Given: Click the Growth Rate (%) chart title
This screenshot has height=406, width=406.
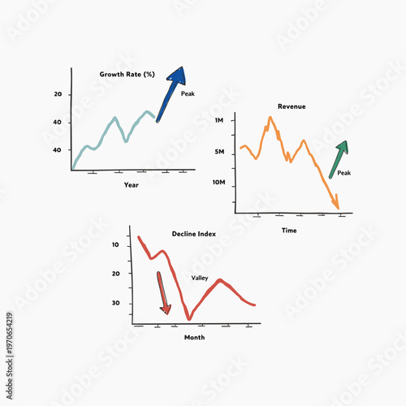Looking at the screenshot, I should click(x=127, y=74).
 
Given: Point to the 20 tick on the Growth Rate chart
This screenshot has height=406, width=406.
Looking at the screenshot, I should click(x=58, y=95).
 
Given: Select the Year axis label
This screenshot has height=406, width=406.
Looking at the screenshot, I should click(x=131, y=184).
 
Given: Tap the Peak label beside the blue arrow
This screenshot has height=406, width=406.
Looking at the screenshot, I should click(x=188, y=94).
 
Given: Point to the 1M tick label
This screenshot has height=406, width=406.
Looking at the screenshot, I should click(x=219, y=120).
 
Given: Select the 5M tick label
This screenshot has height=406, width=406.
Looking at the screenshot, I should click(x=219, y=152).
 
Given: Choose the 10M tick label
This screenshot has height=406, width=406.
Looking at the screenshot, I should click(x=218, y=183).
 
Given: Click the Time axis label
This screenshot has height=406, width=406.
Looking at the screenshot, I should click(x=289, y=231).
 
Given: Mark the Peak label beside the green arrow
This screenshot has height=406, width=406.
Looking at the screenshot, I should click(x=343, y=173).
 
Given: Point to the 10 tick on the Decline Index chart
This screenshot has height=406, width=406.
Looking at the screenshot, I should click(x=115, y=244).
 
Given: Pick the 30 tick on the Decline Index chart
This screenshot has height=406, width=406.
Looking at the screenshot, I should click(x=115, y=303).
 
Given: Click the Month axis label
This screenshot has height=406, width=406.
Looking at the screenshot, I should click(x=194, y=337).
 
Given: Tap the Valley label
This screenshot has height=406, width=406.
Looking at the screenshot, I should click(x=200, y=278).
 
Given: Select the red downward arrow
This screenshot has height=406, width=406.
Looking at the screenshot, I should click(x=162, y=292).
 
